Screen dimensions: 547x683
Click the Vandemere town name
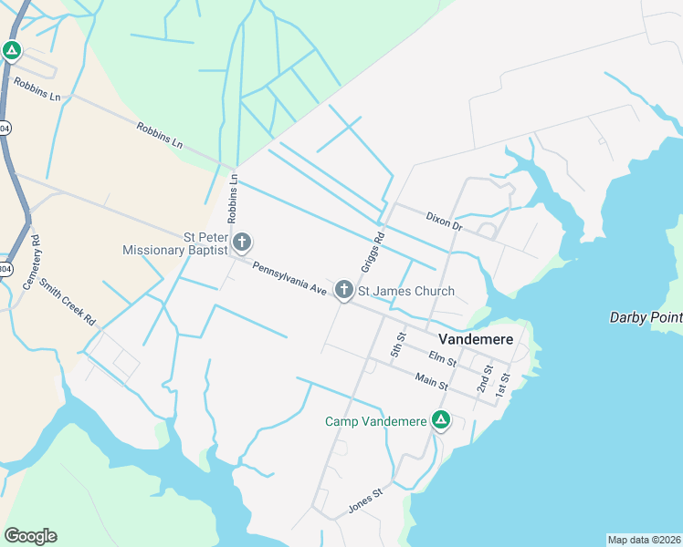(469, 337)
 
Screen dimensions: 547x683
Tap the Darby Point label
(646, 317)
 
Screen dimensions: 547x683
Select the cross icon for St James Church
(344, 291)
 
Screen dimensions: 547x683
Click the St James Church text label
(405, 292)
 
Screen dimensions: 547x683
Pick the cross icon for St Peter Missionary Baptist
(242, 243)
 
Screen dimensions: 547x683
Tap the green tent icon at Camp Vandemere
(440, 420)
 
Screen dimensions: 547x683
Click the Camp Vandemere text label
(376, 421)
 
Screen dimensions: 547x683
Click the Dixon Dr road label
(445, 222)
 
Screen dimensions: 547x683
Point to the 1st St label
(502, 387)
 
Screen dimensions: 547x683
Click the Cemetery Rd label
(29, 264)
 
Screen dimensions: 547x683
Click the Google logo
(30, 535)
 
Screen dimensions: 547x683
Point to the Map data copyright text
(643, 540)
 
